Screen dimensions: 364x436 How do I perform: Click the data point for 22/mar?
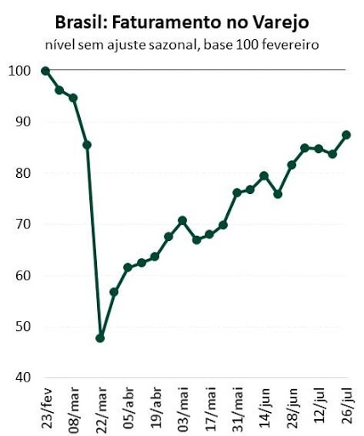(100, 338)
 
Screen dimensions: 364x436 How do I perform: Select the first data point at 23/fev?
(45, 71)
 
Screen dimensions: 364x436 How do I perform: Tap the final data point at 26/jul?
(346, 135)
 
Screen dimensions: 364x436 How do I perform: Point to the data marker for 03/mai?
(182, 221)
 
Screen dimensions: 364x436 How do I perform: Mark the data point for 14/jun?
(264, 175)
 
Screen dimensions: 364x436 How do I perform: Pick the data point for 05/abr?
(128, 267)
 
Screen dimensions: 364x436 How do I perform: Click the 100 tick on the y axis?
(20, 71)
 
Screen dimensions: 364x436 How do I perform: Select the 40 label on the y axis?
(23, 377)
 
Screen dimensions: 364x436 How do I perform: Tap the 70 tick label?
(23, 224)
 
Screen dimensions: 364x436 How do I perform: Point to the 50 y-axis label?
(23, 327)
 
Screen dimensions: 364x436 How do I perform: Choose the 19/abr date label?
(156, 407)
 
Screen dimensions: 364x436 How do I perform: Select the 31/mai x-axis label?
(239, 408)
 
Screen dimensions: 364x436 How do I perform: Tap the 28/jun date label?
(293, 407)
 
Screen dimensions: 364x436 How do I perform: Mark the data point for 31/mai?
(237, 193)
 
